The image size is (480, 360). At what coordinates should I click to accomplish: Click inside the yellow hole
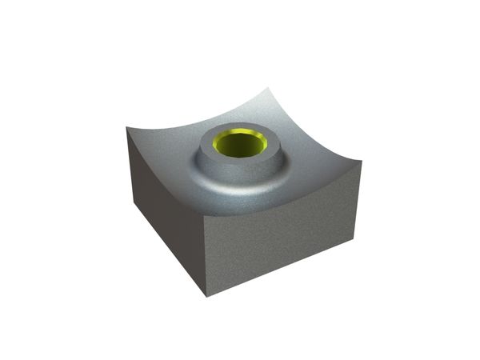coord(241,146)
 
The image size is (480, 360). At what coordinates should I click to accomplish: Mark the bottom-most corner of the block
coord(206,296)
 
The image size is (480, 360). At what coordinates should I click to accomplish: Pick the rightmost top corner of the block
coord(361,161)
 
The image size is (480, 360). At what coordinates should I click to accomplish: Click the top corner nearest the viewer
coord(206,214)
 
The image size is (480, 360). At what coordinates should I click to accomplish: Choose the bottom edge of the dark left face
coord(168,248)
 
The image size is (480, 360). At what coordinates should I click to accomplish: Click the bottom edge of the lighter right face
coord(280,265)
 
